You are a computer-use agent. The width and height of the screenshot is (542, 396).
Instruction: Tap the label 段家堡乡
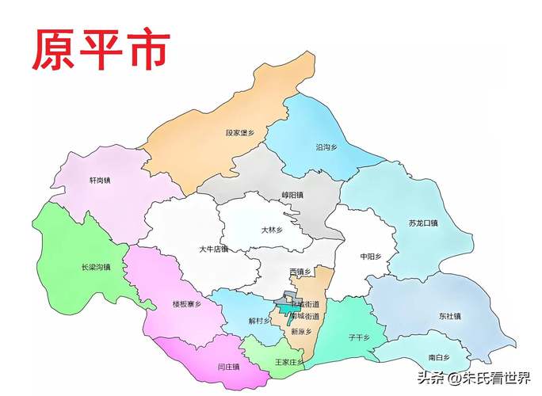pyautogui.click(x=241, y=135)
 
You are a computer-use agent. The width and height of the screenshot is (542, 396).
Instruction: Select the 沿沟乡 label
pyautogui.click(x=326, y=147)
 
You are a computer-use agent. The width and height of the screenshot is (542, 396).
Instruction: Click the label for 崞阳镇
pyautogui.click(x=292, y=195)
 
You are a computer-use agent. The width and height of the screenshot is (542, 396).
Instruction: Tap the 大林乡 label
pyautogui.click(x=273, y=230)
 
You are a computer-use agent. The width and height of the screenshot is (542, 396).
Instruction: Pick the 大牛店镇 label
pyautogui.click(x=213, y=249)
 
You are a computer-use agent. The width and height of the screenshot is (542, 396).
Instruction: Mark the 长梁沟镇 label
pyautogui.click(x=96, y=268)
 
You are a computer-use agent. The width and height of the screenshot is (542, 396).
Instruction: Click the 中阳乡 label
pyautogui.click(x=371, y=257)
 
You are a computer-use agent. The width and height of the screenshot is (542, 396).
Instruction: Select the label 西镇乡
pyautogui.click(x=300, y=272)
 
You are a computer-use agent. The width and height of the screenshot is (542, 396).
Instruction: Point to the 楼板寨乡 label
pyautogui.click(x=187, y=303)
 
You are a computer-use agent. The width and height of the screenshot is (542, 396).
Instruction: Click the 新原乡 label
pyautogui.click(x=301, y=332)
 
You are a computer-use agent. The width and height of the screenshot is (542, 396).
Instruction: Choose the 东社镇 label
pyautogui.click(x=449, y=316)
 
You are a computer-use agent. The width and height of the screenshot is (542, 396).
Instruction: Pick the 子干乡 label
pyautogui.click(x=359, y=337)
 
